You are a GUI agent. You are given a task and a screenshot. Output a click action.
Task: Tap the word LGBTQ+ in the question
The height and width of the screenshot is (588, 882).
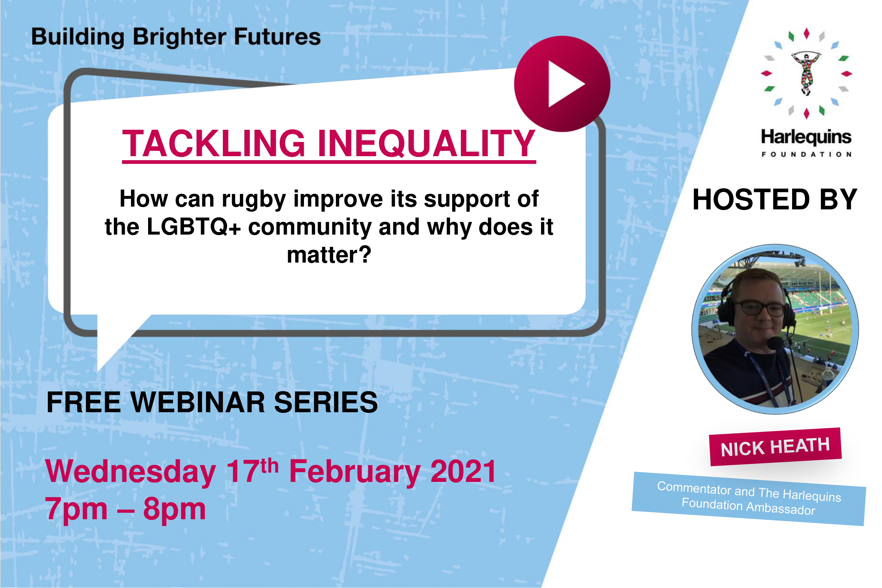click(194, 227)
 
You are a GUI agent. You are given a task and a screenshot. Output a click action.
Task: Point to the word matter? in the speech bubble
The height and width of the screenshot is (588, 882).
click(329, 255)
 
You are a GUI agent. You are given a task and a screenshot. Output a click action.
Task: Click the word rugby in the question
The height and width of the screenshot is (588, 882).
click(254, 199)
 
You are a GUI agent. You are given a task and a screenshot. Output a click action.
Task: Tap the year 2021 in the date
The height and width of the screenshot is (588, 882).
click(464, 471)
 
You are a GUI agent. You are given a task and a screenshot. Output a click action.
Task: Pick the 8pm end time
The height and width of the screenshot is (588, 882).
click(174, 509)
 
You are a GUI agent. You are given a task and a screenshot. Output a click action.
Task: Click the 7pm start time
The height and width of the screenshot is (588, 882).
click(76, 509)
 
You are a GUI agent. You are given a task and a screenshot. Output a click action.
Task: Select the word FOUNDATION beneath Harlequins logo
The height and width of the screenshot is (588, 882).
click(806, 154)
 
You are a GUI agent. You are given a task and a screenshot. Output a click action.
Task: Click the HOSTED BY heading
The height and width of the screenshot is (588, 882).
click(775, 199)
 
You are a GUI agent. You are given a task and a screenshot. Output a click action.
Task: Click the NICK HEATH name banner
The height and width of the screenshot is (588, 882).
click(775, 447)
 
